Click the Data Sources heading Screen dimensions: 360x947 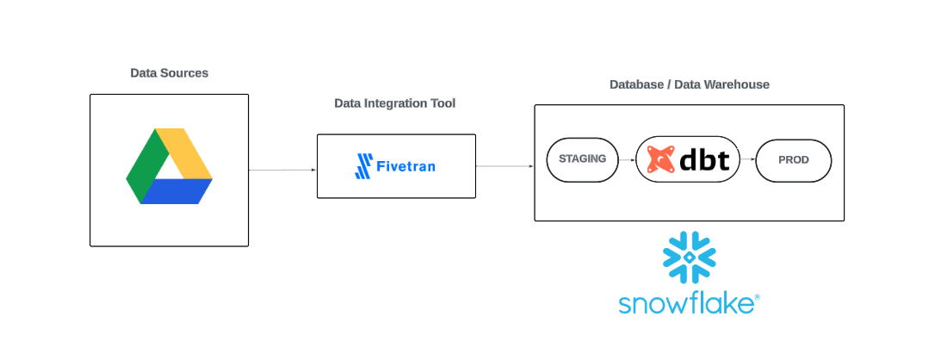point(169,73)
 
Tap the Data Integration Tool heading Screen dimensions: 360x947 point(394,103)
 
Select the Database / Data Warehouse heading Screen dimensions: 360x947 point(689,84)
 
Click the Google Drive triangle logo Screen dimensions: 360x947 point(169,167)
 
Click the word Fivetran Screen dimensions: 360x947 point(405,165)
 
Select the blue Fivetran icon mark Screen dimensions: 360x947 point(363,165)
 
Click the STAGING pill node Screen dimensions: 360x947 point(583,158)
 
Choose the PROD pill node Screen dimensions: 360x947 point(794,159)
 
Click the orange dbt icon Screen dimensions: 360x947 point(659,159)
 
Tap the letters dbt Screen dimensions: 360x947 point(705,159)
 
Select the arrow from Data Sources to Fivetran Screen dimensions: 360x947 point(282,171)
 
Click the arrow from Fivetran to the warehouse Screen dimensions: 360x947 point(504,166)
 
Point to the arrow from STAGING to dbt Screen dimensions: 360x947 point(627,159)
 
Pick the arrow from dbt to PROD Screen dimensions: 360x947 point(747,159)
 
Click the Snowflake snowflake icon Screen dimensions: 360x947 point(689,257)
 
